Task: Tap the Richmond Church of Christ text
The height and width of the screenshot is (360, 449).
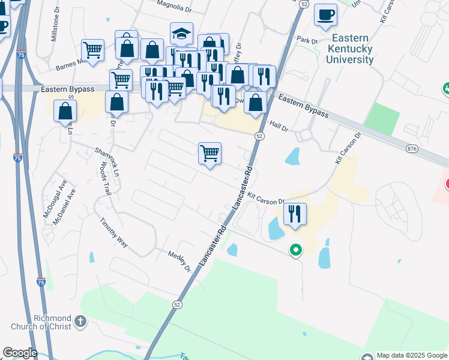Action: [x=41, y=322]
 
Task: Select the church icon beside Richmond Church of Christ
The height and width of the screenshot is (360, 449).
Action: [x=81, y=322]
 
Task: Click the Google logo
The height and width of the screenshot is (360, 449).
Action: [x=19, y=353]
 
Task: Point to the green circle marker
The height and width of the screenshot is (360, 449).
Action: [x=295, y=250]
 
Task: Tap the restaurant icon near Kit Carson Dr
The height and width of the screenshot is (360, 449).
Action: [x=295, y=214]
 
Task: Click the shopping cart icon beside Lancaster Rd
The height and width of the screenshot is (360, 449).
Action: [x=210, y=154]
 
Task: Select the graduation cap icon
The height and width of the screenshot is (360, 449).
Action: [x=181, y=33]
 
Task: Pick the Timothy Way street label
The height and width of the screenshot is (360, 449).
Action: [x=114, y=232]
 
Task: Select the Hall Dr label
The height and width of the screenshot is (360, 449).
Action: [x=279, y=126]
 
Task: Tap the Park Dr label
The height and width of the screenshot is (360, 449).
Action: [x=306, y=40]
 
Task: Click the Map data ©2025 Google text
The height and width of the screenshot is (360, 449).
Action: [x=412, y=355]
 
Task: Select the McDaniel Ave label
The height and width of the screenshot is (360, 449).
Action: [x=65, y=207]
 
